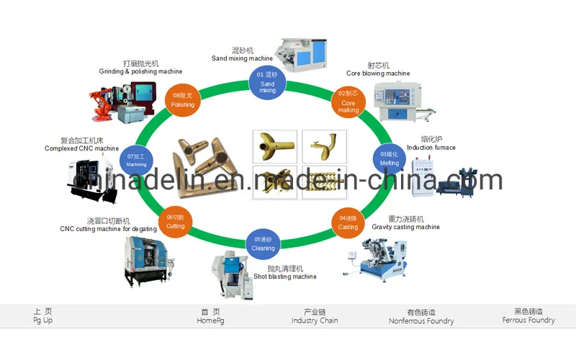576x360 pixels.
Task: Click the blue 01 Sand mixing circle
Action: tap(267, 82)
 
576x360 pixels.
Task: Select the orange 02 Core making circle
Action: tap(348, 102)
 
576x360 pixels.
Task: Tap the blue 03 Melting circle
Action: tap(389, 158)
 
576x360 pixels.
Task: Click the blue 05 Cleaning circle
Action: tap(263, 243)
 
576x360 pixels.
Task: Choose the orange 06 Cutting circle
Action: tap(175, 221)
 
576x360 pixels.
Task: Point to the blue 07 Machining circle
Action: tap(136, 159)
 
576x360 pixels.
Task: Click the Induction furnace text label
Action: tap(431, 148)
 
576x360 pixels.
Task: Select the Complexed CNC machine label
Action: tap(81, 148)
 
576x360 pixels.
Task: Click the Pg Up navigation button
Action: tap(42, 316)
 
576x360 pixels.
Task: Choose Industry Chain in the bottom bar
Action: tap(315, 316)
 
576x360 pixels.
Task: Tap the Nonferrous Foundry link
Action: tap(421, 317)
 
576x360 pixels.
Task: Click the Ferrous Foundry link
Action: tap(528, 316)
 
